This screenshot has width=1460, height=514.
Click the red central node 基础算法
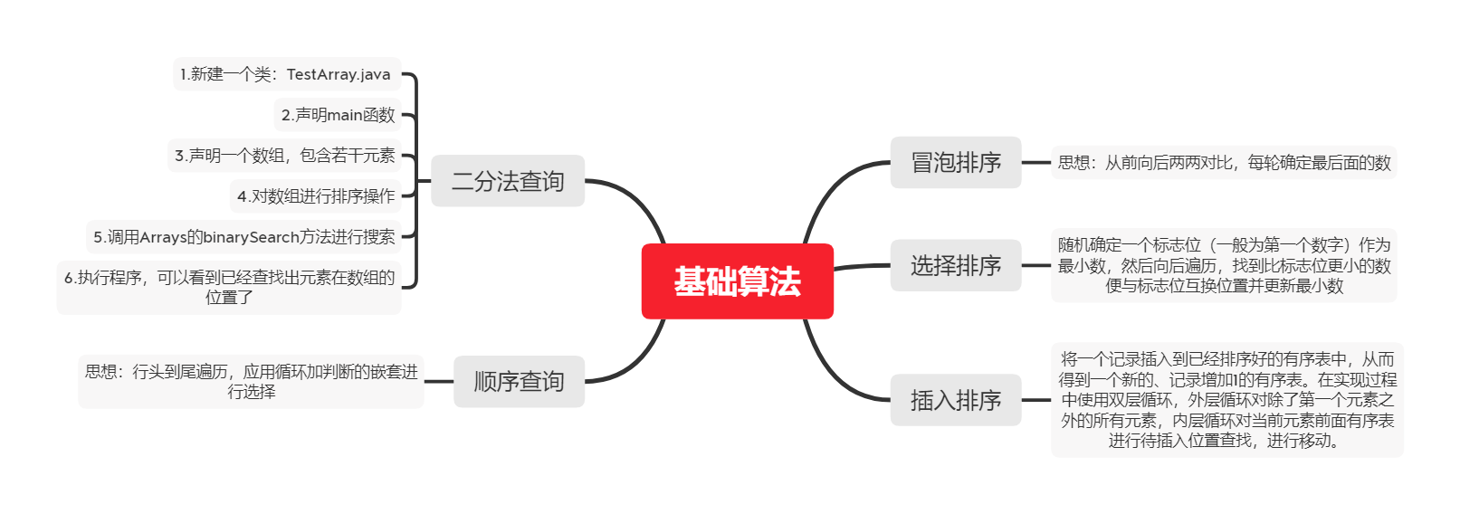coord(737,281)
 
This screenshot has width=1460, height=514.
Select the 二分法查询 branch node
coord(508,181)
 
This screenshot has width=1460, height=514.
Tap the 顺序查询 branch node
coord(519,382)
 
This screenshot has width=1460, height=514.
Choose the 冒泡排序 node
coord(955,163)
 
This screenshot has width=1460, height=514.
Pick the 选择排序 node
coord(955,266)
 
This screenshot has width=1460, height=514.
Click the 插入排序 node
coord(955,400)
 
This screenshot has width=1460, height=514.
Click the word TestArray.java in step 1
coord(339,74)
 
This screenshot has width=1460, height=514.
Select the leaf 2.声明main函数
coord(338,115)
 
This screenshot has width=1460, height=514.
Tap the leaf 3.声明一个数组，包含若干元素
coord(285,156)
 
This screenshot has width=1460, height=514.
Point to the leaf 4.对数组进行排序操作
coord(316,196)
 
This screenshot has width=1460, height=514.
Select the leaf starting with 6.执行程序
coord(229,287)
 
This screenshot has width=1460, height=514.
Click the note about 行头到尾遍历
coord(251,381)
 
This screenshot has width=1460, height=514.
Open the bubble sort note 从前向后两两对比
coord(1224,163)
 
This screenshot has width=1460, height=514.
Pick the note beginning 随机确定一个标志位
coord(1224,265)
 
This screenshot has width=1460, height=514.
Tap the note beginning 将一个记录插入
coord(1227,400)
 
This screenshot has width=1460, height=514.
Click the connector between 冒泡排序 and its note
coord(1036,163)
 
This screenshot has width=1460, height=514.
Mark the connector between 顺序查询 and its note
coord(439,382)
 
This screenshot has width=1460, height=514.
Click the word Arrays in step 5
coord(163,237)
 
